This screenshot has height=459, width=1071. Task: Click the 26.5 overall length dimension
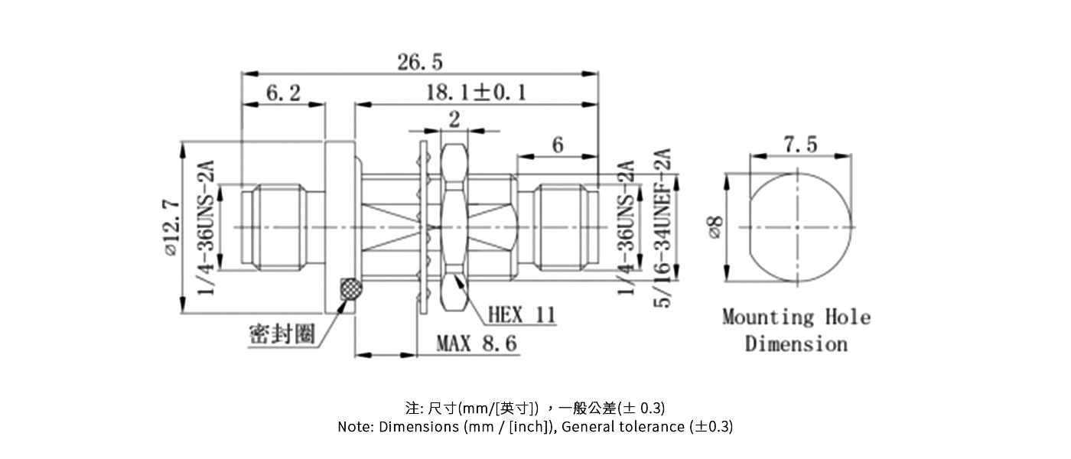[x=419, y=62]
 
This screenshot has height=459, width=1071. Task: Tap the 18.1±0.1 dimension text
[x=476, y=93]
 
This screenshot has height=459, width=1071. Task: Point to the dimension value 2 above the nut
[x=455, y=119]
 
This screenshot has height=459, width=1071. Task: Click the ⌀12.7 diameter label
[x=170, y=227]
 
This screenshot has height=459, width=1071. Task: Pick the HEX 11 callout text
[x=522, y=314]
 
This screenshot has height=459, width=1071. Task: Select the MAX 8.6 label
[x=476, y=343]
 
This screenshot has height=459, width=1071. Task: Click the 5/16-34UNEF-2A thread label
[x=662, y=227]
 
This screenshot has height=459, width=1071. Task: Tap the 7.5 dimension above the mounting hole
[x=799, y=144]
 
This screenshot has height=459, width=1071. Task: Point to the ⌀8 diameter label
[x=715, y=227]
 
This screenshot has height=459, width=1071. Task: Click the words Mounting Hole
[x=796, y=317]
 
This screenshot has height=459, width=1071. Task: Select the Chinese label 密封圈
[x=282, y=334]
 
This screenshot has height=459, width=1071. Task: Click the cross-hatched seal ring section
[x=351, y=288]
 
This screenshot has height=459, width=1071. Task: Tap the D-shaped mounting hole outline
[x=800, y=227]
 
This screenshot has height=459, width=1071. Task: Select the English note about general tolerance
[x=535, y=427]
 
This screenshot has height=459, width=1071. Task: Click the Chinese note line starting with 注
[x=535, y=407]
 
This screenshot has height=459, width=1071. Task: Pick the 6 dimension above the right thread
[x=557, y=145]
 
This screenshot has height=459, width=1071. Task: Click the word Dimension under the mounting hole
[x=796, y=343]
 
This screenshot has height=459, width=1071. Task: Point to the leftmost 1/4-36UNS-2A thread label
[x=206, y=227]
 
